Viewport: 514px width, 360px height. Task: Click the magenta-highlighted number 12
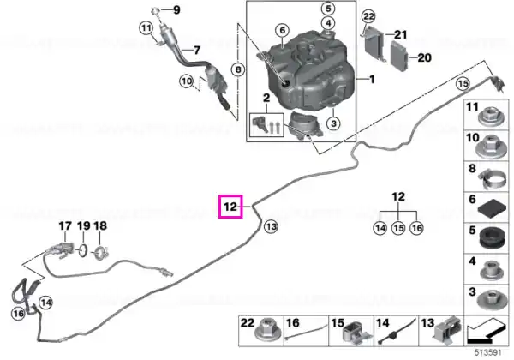click(230, 207)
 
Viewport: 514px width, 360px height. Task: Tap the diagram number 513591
click(488, 353)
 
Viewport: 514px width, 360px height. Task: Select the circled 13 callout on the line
click(271, 226)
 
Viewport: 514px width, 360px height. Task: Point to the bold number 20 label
click(425, 57)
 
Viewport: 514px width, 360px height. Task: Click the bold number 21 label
click(400, 34)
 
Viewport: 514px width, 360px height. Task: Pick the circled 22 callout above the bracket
click(368, 16)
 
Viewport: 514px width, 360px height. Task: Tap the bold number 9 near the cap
click(176, 9)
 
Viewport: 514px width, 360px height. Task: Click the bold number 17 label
click(65, 226)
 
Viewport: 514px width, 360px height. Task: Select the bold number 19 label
click(84, 226)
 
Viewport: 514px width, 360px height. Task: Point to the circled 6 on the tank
click(283, 31)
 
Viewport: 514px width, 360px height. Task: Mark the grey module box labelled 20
click(399, 56)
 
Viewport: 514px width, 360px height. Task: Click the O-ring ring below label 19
click(83, 251)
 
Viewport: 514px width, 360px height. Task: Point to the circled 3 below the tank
click(333, 123)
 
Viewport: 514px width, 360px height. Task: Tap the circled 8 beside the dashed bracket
click(238, 69)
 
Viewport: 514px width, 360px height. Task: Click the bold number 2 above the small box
click(266, 98)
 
